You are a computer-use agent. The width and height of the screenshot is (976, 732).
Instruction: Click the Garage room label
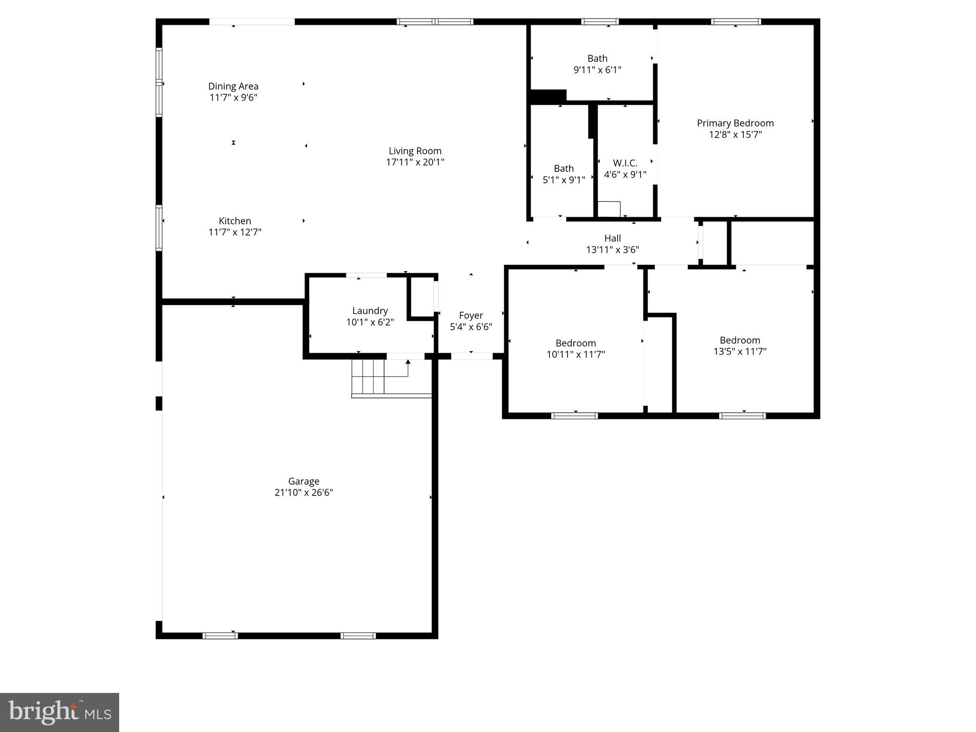(304, 481)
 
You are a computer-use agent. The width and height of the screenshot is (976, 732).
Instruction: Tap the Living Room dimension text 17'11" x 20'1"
(415, 163)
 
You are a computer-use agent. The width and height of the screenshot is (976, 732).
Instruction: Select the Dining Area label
(233, 86)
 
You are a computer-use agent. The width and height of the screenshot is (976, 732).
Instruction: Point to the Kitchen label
(234, 221)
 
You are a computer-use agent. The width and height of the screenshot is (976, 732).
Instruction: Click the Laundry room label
(370, 311)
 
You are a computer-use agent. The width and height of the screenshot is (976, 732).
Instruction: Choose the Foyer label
(471, 315)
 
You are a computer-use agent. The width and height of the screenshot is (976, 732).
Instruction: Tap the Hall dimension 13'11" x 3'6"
(612, 250)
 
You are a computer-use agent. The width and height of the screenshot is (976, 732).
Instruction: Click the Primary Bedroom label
(735, 123)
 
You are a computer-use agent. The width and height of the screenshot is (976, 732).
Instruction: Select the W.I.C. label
(625, 163)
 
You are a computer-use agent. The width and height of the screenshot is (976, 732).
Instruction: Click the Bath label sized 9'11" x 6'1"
(597, 59)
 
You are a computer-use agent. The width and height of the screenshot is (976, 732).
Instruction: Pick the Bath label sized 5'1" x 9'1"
(563, 169)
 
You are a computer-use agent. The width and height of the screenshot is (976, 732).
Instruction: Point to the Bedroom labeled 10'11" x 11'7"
(575, 343)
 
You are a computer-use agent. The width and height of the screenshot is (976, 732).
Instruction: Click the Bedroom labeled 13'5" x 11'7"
(740, 340)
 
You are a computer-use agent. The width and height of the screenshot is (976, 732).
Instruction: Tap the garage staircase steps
(368, 376)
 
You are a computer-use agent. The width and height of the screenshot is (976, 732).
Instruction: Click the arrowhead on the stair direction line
(408, 362)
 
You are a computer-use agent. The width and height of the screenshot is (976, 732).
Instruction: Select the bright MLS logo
(60, 712)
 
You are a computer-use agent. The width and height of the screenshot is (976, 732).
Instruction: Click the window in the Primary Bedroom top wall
(735, 21)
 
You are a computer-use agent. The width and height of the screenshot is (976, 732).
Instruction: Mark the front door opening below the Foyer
(471, 356)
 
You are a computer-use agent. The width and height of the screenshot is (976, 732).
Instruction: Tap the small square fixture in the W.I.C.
(609, 209)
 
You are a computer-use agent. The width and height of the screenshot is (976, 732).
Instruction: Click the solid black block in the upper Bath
(548, 96)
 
